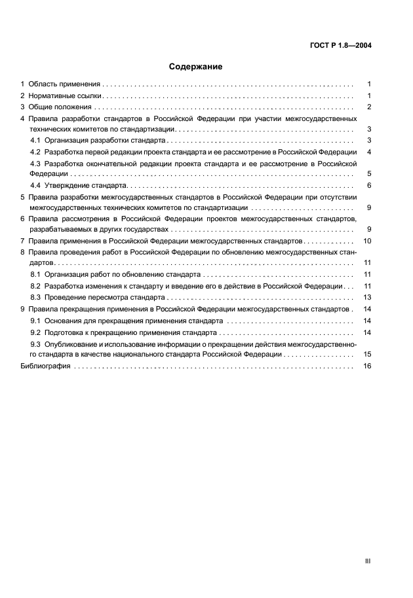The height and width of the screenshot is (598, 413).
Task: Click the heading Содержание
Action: [195, 67]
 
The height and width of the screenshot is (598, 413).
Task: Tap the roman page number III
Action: [368, 561]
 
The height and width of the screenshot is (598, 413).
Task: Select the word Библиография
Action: [45, 366]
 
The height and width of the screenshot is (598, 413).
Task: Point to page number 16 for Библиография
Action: [368, 366]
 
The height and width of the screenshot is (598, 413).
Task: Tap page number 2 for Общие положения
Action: [370, 107]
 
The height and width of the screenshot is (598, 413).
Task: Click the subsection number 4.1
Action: [36, 141]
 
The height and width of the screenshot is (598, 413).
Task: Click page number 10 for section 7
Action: [368, 241]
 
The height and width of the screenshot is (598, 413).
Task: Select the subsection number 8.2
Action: [36, 286]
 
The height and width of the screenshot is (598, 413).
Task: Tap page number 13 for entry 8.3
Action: [368, 297]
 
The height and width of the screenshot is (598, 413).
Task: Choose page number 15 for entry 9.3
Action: [368, 354]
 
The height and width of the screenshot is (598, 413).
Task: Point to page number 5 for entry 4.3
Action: [370, 174]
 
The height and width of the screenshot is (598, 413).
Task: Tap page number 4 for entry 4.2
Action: [370, 152]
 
